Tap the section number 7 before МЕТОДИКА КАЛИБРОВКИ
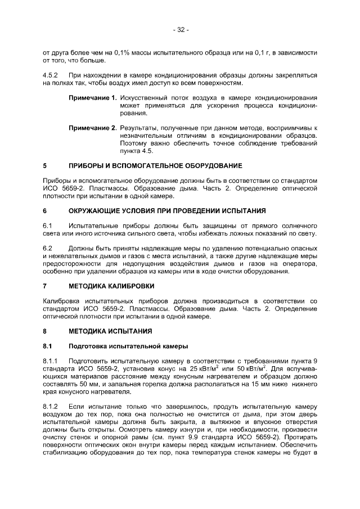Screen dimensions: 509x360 (44, 286)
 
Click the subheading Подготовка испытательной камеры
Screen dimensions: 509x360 (128, 345)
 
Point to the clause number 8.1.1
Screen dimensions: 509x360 (51, 361)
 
